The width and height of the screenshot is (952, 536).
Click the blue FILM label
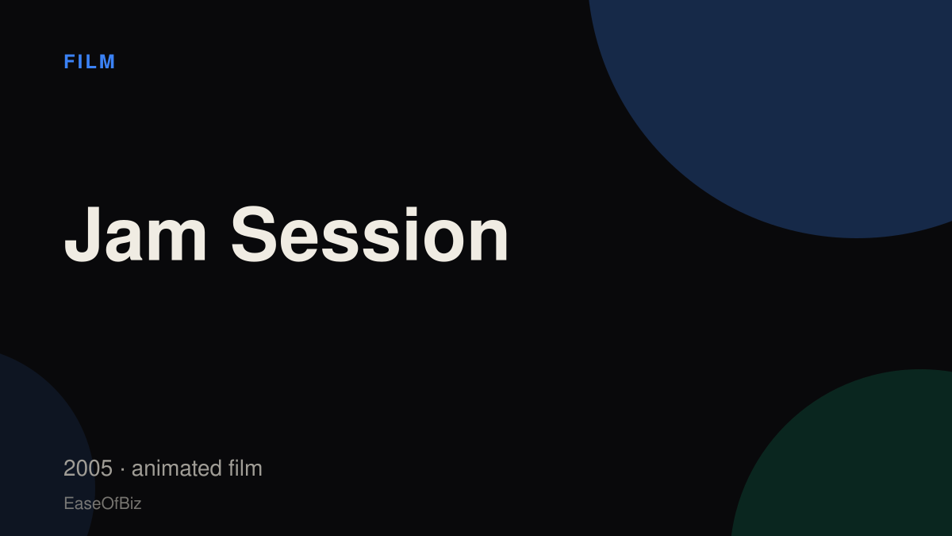coord(89,62)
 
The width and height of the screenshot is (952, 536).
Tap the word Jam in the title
coord(135,234)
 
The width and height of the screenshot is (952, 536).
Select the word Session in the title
coord(370,234)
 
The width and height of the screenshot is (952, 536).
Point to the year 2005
coord(88,469)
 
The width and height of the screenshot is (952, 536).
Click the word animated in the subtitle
coord(176,469)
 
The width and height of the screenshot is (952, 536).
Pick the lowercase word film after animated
coord(245,468)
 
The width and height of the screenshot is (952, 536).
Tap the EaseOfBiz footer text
coord(102,503)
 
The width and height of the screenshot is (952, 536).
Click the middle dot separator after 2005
coord(122,469)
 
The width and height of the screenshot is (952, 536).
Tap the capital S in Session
coord(254,234)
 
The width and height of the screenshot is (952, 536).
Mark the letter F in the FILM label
coord(69,62)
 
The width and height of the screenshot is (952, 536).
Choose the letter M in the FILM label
coord(107,62)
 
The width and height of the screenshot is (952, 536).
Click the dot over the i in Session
coord(412,211)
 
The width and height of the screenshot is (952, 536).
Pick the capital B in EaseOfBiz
coord(123,503)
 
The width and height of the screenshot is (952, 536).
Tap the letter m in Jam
coord(176,241)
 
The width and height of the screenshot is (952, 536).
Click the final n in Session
coord(489,241)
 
